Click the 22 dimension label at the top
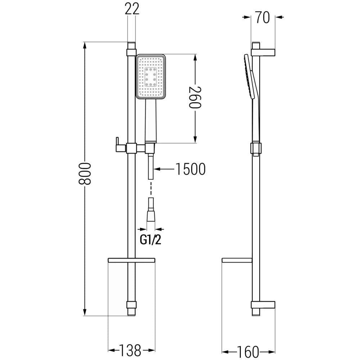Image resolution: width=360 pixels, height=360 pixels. [131, 9]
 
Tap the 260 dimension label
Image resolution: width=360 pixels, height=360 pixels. [195, 97]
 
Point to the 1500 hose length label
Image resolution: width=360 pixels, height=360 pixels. [190, 168]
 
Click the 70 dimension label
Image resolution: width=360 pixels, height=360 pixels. [263, 17]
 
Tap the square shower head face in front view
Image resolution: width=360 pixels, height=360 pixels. [151, 76]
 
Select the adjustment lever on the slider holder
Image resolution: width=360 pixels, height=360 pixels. [118, 144]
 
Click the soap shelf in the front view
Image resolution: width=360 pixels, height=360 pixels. [131, 260]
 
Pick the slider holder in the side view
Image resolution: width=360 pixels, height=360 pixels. [256, 148]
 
